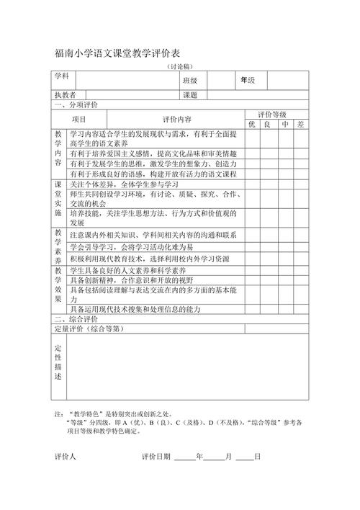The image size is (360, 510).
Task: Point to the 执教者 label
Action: [65, 95]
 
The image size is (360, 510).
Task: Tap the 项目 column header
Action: [78, 119]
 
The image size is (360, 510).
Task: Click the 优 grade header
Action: [252, 124]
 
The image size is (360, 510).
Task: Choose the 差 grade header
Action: [301, 124]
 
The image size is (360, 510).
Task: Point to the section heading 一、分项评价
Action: [76, 104]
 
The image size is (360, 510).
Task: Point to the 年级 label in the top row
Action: [248, 80]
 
